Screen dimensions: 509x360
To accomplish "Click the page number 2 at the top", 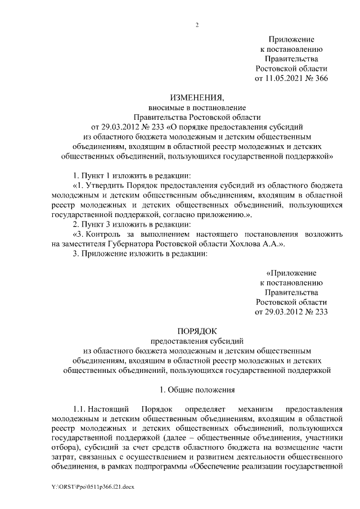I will [196, 25].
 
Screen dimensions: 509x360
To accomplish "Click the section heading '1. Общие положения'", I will [196, 389].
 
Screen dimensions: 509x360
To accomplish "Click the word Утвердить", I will [102, 184].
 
